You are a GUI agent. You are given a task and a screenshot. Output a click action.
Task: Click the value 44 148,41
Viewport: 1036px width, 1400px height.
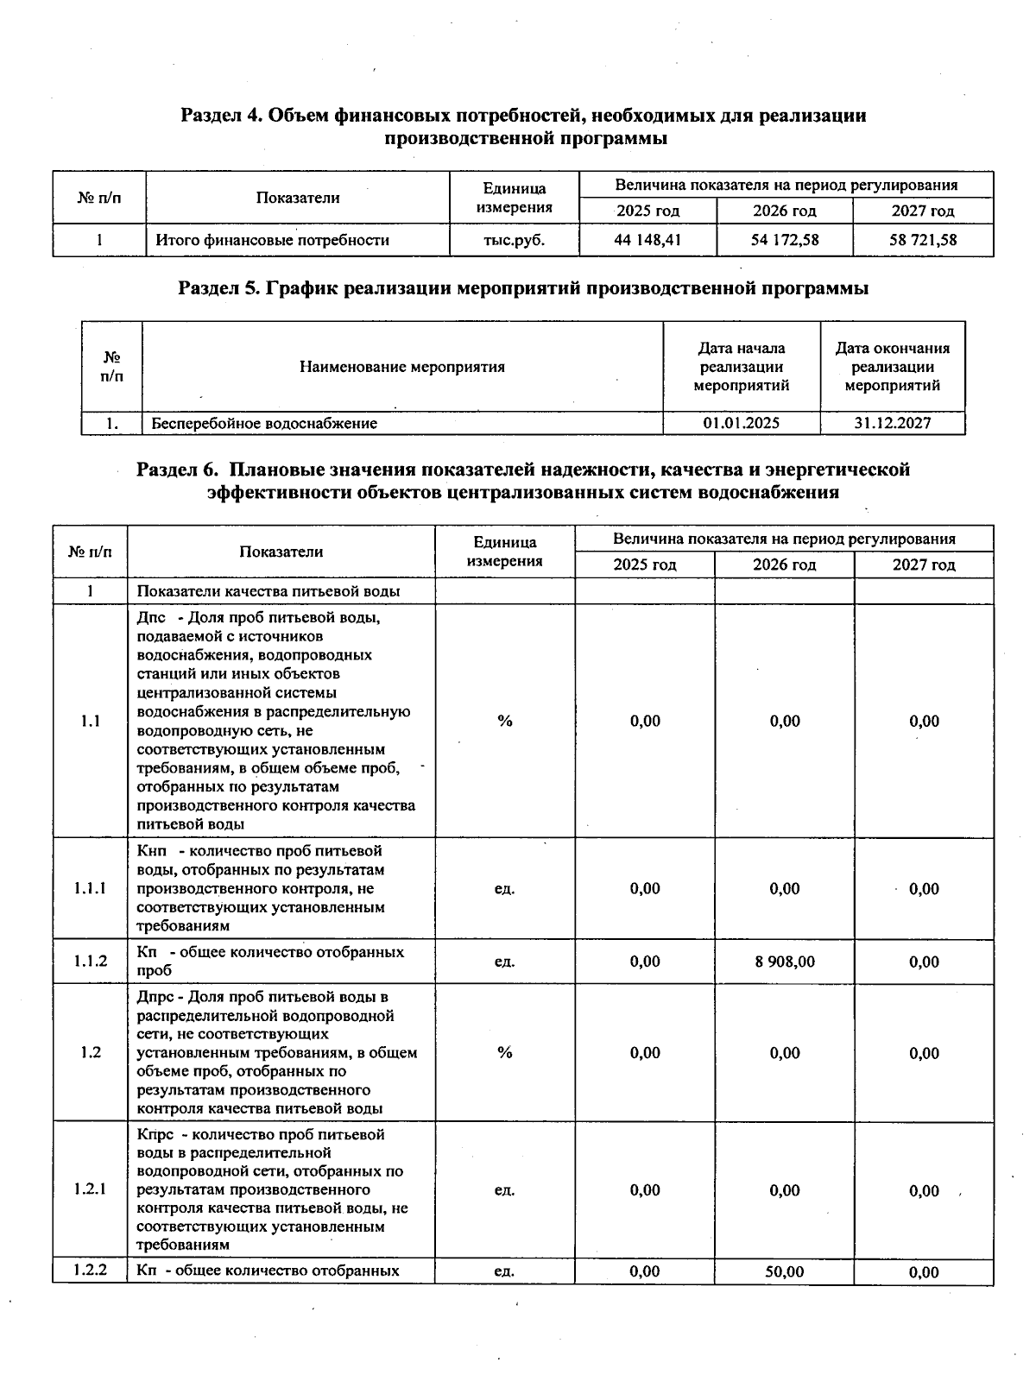[x=647, y=240]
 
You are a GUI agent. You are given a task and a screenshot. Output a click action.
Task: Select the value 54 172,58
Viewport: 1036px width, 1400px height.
[x=784, y=240]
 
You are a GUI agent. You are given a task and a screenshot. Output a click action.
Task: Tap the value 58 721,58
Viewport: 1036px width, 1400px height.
[x=923, y=240]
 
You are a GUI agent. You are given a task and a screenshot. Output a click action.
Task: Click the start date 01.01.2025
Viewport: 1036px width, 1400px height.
[x=741, y=423]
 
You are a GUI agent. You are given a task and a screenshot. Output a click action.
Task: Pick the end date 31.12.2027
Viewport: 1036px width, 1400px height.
[x=892, y=423]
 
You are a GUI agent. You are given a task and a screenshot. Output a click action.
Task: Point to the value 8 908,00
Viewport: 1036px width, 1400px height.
[x=784, y=962]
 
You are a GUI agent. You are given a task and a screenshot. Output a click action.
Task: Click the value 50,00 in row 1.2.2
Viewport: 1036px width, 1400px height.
[x=784, y=1271]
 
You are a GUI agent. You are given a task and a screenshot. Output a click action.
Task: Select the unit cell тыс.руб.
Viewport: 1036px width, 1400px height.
[x=514, y=240]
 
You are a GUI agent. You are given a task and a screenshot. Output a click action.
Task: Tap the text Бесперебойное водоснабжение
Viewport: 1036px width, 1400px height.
[x=264, y=423]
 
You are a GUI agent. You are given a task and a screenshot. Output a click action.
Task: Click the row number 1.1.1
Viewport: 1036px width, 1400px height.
[x=90, y=888]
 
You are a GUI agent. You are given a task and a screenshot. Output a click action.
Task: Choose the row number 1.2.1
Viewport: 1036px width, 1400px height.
[x=90, y=1189]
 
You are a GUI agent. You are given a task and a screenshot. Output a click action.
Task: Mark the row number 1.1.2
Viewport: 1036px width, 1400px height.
[x=90, y=961]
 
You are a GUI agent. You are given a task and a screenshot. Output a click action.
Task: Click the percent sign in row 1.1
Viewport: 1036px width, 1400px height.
[x=505, y=721]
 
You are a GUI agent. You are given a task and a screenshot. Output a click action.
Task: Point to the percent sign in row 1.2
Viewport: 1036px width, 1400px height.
[x=505, y=1052]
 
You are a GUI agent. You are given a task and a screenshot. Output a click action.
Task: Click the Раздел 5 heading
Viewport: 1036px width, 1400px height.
[x=522, y=288]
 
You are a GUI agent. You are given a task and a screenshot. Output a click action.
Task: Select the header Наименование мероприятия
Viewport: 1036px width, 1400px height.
[x=402, y=367]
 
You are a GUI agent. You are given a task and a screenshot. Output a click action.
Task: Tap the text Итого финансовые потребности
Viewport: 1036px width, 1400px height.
[x=272, y=240]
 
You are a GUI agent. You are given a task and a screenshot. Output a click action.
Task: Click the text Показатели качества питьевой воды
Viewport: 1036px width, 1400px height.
[x=268, y=591]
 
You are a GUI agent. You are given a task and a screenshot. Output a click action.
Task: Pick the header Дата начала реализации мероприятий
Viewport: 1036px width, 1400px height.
[x=741, y=367]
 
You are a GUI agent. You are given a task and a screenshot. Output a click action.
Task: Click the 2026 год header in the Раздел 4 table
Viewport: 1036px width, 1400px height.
[x=784, y=211]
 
